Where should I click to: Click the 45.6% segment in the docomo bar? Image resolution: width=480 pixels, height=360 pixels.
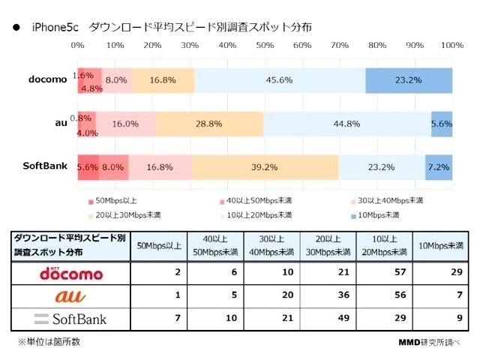click(280, 80)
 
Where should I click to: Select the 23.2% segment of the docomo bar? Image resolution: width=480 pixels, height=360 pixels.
click(409, 80)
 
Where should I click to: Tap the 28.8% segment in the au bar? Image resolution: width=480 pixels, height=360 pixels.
click(209, 124)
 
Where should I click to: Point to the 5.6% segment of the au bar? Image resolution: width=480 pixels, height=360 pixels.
click(442, 124)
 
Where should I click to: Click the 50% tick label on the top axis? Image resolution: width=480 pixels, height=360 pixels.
click(265, 46)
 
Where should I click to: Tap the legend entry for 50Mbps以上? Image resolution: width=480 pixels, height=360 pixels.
click(113, 201)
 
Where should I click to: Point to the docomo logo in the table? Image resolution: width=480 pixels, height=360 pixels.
click(70, 273)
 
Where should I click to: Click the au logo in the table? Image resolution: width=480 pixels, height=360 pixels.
click(70, 296)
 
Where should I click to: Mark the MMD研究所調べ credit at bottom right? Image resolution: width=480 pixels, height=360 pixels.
click(429, 342)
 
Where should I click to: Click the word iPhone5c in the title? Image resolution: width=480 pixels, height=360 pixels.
click(54, 27)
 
